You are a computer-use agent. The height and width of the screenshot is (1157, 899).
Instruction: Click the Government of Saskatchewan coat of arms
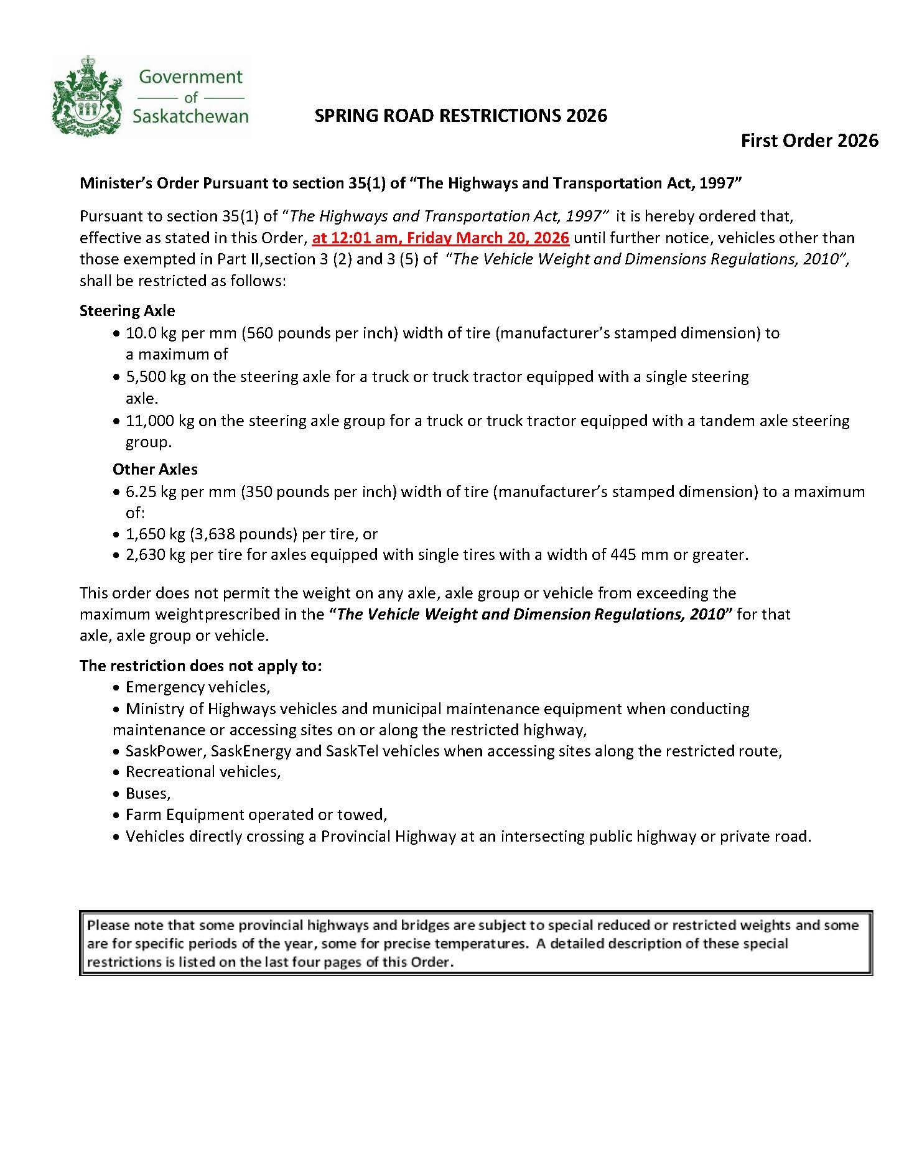click(x=87, y=95)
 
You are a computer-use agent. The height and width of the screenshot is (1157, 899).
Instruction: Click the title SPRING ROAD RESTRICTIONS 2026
click(x=460, y=116)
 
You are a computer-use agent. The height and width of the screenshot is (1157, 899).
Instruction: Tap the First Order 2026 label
click(x=809, y=141)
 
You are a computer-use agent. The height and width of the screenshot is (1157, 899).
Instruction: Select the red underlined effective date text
click(x=440, y=238)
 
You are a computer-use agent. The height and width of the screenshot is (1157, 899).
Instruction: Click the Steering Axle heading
click(x=127, y=310)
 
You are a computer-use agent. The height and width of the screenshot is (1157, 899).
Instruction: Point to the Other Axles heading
click(x=155, y=469)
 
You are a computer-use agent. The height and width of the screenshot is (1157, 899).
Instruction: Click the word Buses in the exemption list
click(x=147, y=793)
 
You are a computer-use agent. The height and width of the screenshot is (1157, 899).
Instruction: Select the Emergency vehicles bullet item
click(x=197, y=687)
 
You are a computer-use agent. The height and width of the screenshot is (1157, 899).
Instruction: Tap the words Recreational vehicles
click(x=202, y=771)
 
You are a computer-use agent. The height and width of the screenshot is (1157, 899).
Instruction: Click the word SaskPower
click(x=164, y=751)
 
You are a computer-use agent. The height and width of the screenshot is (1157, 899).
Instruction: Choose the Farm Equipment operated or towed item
click(x=256, y=814)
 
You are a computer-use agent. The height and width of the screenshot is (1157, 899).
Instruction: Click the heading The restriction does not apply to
click(x=200, y=666)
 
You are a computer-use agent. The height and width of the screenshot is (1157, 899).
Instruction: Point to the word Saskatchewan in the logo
click(x=190, y=116)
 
